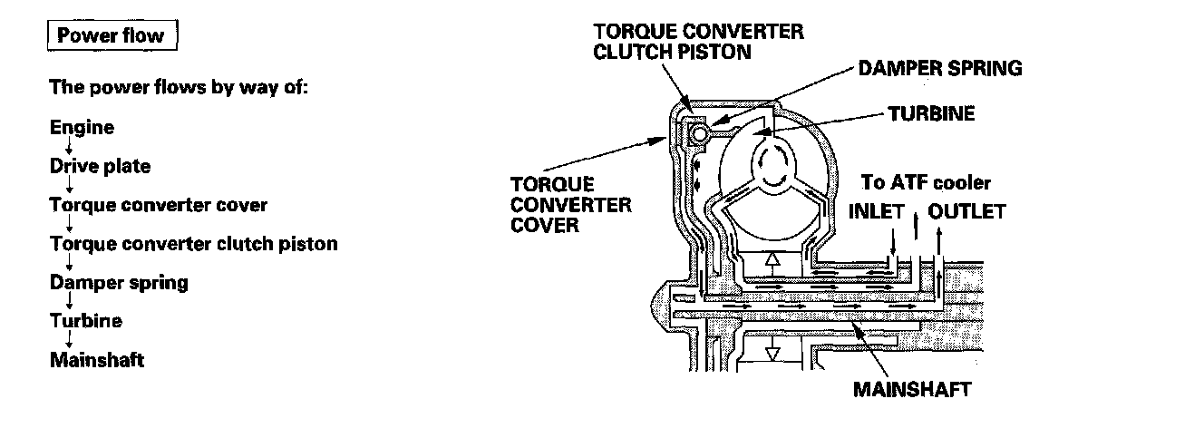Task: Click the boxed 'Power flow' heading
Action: [x=111, y=36]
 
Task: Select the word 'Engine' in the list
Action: [x=82, y=127]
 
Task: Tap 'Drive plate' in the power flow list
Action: [x=100, y=166]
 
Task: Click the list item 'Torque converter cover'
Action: [x=159, y=205]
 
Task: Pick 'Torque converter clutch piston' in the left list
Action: [x=193, y=244]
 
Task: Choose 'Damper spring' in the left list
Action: [x=119, y=282]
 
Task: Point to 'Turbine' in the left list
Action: [x=85, y=321]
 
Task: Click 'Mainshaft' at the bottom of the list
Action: [x=97, y=360]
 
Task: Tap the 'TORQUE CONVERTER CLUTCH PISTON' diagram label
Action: [x=697, y=42]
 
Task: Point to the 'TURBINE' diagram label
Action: [x=931, y=113]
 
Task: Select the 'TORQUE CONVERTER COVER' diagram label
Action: [x=570, y=204]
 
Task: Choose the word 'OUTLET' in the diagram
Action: [x=968, y=211]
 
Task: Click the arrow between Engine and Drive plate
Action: [x=68, y=147]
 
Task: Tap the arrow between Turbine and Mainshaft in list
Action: [x=68, y=340]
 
